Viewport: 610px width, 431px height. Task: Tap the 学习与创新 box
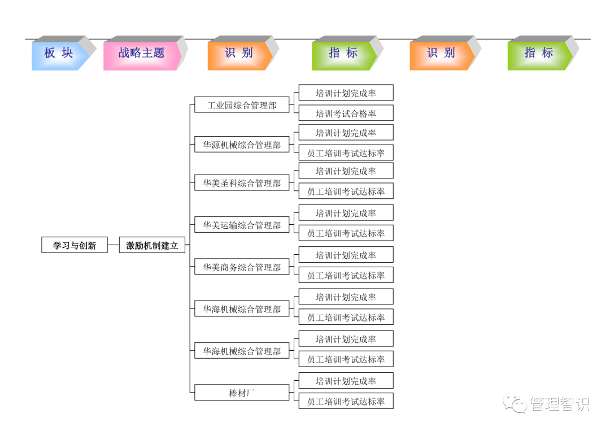click(75, 245)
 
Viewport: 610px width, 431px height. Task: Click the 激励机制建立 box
click(152, 245)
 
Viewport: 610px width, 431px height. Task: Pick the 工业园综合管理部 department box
click(242, 105)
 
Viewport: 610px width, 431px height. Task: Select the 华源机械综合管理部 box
click(242, 145)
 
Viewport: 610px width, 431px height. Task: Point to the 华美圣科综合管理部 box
click(242, 183)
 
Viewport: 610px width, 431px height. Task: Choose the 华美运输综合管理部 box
click(242, 225)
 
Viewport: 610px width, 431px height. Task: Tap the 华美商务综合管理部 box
click(242, 267)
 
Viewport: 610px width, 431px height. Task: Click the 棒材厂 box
click(242, 393)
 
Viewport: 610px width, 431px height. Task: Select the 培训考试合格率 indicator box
click(346, 114)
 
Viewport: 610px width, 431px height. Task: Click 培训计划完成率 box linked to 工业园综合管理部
click(346, 93)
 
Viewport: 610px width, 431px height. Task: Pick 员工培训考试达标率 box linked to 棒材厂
click(346, 402)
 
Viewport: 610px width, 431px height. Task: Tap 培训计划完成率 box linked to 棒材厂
click(346, 381)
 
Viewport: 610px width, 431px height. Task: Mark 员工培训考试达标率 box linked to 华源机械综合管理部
click(346, 153)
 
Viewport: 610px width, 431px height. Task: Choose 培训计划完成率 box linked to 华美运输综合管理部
click(346, 214)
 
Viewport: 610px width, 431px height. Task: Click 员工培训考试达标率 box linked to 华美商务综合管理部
click(346, 276)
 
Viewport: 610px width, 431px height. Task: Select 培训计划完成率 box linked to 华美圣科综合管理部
click(346, 171)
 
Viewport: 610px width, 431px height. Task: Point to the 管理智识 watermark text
click(559, 404)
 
